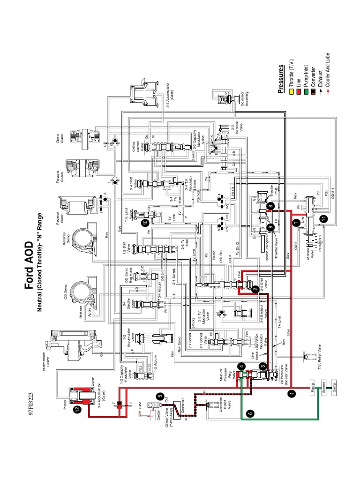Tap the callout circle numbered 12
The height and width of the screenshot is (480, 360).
pos(76,410)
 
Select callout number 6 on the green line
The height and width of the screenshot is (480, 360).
pos(250,413)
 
